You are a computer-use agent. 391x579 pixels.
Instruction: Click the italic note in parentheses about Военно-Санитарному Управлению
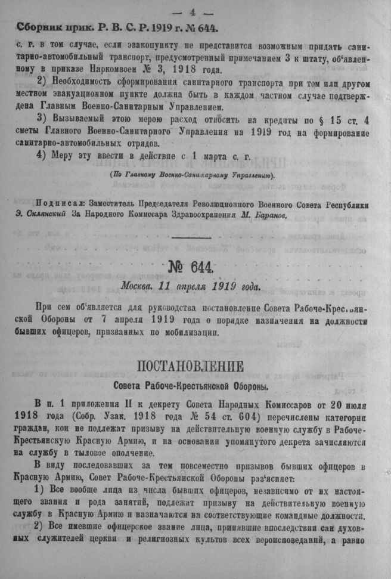(x=193, y=175)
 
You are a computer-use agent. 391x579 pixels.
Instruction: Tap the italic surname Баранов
(x=267, y=215)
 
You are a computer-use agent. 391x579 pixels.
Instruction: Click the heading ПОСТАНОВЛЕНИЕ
(x=192, y=366)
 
